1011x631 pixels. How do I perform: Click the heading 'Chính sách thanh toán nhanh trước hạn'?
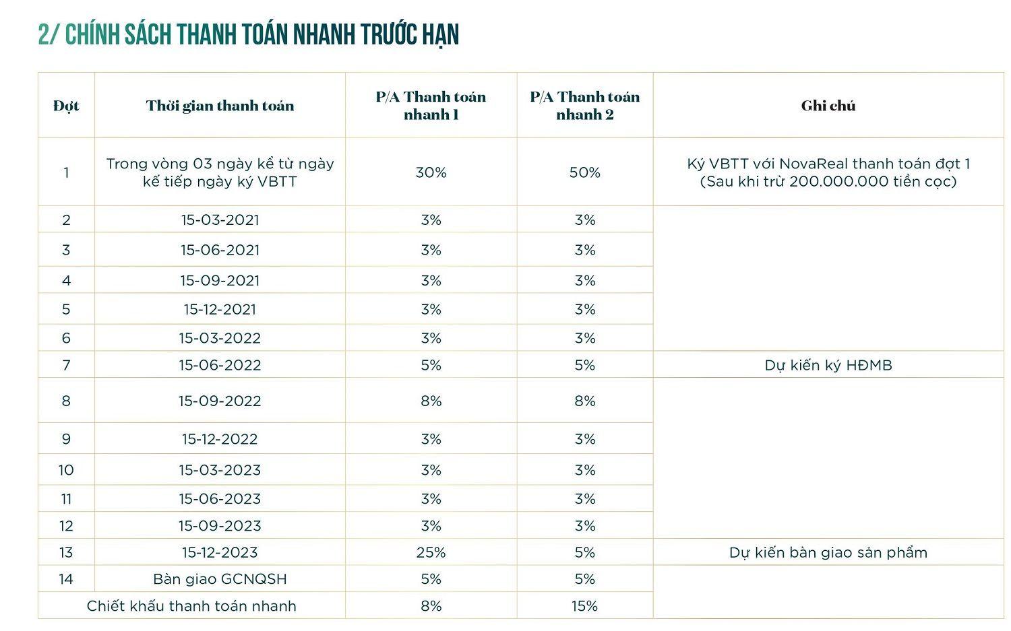pyautogui.click(x=249, y=35)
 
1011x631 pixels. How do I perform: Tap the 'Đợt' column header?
pyautogui.click(x=66, y=106)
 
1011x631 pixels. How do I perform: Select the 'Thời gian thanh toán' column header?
pyautogui.click(x=220, y=106)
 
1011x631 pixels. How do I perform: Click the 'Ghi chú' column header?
pyautogui.click(x=828, y=106)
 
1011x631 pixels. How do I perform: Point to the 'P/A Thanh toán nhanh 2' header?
pyautogui.click(x=584, y=106)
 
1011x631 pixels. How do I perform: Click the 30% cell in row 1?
pyautogui.click(x=431, y=172)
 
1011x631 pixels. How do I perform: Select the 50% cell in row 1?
pyautogui.click(x=584, y=172)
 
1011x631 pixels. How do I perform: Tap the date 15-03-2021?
pyautogui.click(x=220, y=220)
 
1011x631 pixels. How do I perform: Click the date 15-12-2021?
pyautogui.click(x=220, y=309)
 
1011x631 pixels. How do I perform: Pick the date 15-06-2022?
pyautogui.click(x=220, y=365)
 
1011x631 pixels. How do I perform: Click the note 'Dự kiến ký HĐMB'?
pyautogui.click(x=828, y=366)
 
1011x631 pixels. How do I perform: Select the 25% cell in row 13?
pyautogui.click(x=431, y=552)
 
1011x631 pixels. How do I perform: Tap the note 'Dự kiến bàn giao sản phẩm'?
pyautogui.click(x=828, y=552)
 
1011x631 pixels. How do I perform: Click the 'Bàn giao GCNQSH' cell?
pyautogui.click(x=220, y=579)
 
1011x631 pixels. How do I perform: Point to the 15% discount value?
pyautogui.click(x=584, y=605)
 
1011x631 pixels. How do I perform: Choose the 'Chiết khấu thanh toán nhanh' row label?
pyautogui.click(x=191, y=605)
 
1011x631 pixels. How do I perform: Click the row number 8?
pyautogui.click(x=66, y=401)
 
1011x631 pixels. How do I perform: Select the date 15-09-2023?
pyautogui.click(x=220, y=525)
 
